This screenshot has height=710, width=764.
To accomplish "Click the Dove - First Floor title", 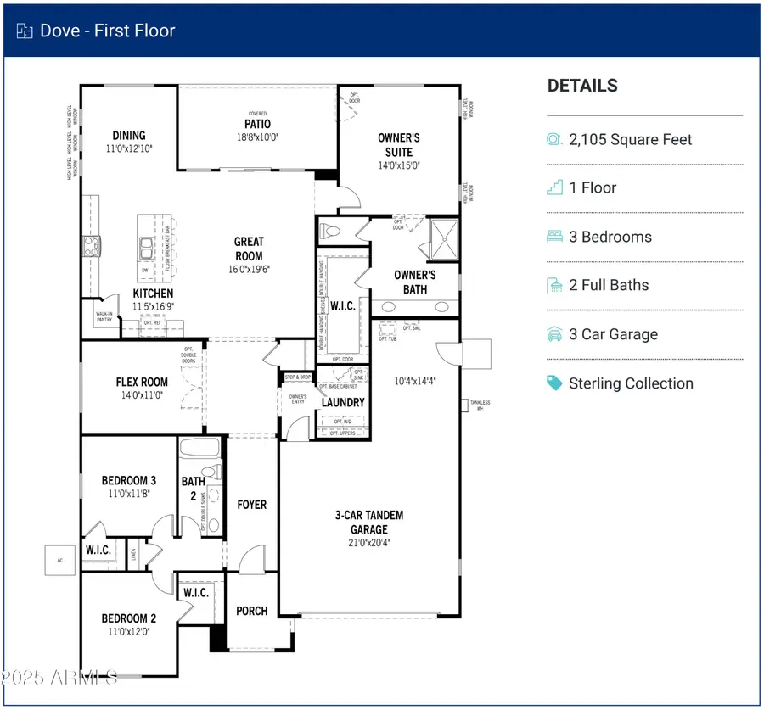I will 107,31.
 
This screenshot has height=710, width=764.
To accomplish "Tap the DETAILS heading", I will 582,86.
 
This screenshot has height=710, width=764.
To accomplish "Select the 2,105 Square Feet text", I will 630,139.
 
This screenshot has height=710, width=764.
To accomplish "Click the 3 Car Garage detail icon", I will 554,334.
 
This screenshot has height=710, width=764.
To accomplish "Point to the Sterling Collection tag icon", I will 554,383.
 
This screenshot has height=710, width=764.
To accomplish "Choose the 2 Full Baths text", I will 609,285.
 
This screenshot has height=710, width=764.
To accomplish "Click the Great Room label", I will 249,249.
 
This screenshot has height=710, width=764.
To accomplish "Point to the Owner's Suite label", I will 399,144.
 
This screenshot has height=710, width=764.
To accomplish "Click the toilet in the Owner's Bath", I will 332,230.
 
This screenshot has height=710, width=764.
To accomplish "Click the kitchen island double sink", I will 146,249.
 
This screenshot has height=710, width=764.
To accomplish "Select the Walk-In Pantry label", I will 104,317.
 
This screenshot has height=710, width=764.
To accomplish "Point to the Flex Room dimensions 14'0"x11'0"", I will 142,395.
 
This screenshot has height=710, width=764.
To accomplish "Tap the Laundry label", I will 343,402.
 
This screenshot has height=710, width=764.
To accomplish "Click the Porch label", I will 251,611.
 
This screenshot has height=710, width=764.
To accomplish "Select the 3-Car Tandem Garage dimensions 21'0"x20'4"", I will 368,542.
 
